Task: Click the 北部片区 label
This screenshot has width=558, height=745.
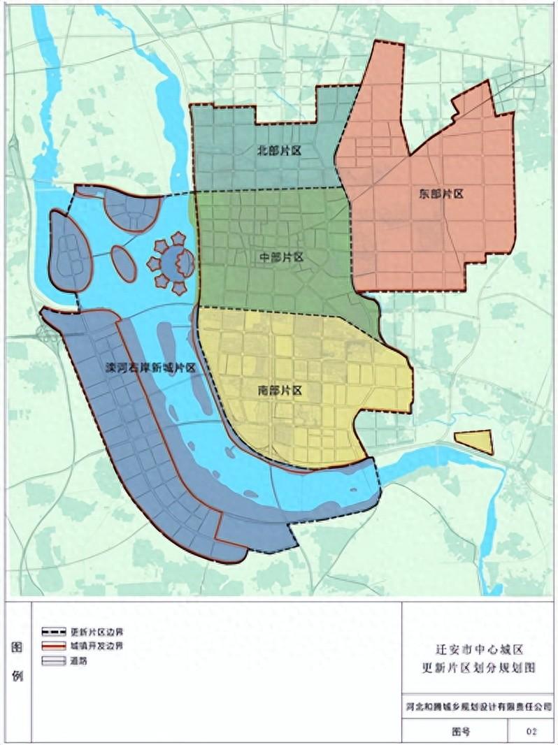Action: [x=279, y=150]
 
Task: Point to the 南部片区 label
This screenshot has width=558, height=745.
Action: [x=279, y=391]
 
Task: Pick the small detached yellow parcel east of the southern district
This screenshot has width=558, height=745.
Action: [x=475, y=442]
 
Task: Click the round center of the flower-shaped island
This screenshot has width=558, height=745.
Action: [x=170, y=263]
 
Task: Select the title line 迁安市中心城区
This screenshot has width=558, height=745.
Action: [x=480, y=650]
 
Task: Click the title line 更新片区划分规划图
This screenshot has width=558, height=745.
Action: [x=480, y=668]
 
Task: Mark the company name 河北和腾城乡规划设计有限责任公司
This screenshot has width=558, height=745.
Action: [x=480, y=707]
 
